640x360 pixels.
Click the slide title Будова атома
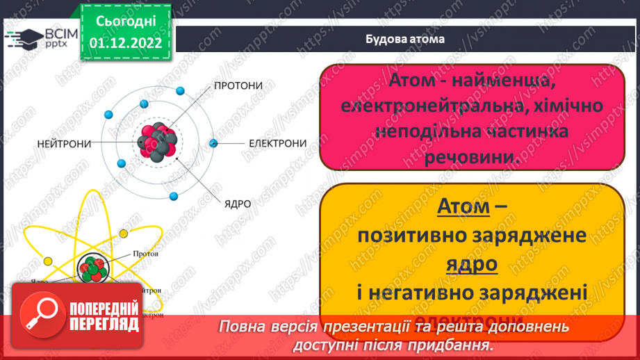coord(405,39)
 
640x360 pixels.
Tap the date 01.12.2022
coord(126,42)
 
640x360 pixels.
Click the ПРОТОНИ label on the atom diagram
coord(238,85)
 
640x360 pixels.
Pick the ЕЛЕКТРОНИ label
coord(278,144)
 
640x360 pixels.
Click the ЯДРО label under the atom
coord(237,204)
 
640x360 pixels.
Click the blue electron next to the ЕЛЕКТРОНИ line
coord(213,143)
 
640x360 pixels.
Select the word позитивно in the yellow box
coord(413,236)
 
